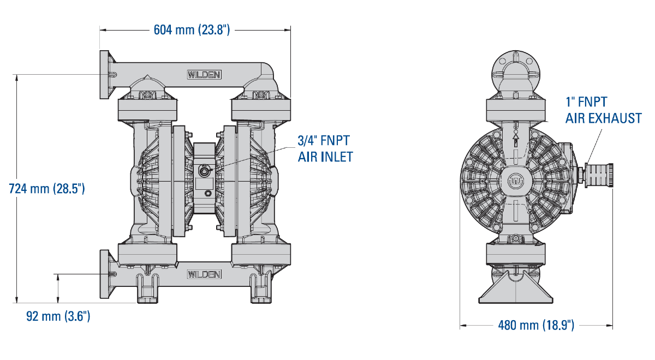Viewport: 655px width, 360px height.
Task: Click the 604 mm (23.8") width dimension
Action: [x=192, y=30]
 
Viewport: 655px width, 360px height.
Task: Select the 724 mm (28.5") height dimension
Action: [x=47, y=189]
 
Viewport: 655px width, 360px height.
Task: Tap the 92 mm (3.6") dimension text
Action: [x=58, y=316]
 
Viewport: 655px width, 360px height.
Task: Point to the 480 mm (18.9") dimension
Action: [x=536, y=325]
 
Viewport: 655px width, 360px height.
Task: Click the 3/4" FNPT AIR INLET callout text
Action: [x=325, y=149]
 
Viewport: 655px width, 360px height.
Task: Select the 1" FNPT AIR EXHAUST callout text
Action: [x=603, y=110]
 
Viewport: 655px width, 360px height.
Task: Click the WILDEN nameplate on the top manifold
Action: [x=204, y=75]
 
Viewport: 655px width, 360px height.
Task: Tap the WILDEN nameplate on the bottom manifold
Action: [x=204, y=274]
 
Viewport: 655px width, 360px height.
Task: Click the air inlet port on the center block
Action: [x=204, y=170]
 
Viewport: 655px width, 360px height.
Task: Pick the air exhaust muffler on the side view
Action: [x=598, y=175]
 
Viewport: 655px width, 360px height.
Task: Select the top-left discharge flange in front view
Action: [x=105, y=75]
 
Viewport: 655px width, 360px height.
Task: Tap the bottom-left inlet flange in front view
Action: [x=105, y=274]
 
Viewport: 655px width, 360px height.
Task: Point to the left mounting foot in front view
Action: [x=148, y=289]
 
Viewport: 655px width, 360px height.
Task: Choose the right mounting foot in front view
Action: [x=261, y=289]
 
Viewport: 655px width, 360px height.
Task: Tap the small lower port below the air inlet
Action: [x=208, y=194]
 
